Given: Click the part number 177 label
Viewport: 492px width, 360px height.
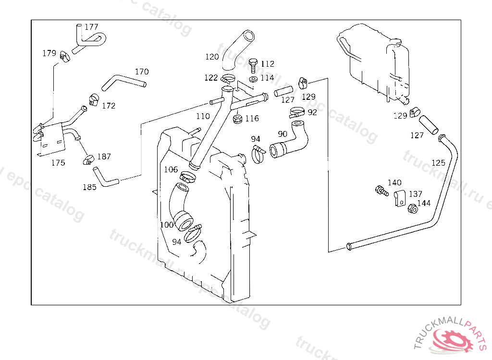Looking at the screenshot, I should click(91, 27).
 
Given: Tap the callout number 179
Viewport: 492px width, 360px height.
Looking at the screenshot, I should click(49, 53).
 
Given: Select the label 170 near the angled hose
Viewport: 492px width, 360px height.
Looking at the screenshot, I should click(142, 72).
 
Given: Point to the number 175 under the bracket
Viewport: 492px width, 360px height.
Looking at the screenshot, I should click(58, 163).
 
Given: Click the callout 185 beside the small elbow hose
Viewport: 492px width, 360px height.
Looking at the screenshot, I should click(89, 187).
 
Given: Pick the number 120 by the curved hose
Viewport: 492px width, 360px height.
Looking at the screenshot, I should click(212, 57).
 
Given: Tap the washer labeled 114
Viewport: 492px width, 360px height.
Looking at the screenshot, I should click(253, 79).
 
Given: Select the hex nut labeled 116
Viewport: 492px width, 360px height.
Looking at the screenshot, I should click(237, 119).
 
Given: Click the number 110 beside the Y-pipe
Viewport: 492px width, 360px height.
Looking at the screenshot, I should click(203, 117).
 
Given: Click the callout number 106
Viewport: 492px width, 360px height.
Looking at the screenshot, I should click(171, 169).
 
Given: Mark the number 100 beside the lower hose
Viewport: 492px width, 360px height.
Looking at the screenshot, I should click(166, 225).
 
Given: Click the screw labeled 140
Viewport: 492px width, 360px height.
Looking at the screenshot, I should click(381, 191).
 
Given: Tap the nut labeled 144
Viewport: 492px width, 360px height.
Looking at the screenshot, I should click(412, 209).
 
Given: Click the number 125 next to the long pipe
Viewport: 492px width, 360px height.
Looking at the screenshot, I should click(438, 163).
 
